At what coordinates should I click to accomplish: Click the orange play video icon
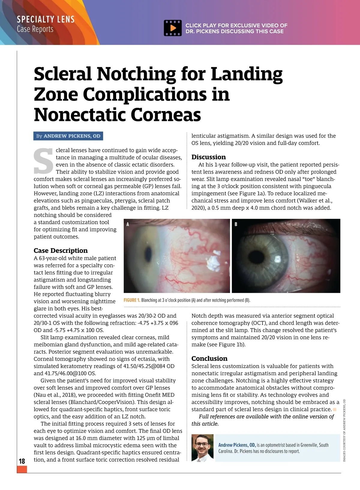coord(173,28)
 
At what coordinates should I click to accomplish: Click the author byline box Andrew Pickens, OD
coord(68,136)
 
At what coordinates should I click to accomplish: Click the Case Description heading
coord(61,251)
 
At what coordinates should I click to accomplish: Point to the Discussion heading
coord(208,157)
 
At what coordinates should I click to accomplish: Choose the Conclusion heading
coord(209,358)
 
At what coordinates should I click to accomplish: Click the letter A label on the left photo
coord(128,224)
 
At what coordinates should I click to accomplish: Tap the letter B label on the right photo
coord(236,224)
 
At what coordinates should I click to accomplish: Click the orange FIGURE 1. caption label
coord(132,300)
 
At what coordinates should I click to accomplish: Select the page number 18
coord(22,461)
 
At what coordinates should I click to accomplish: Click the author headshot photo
coord(203,448)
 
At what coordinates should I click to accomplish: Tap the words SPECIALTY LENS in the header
coord(46,20)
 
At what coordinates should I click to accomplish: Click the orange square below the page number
coord(22,469)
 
